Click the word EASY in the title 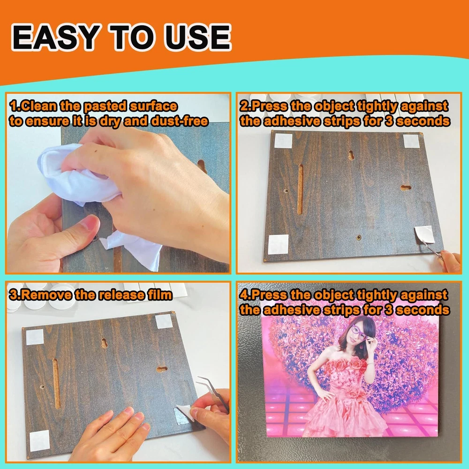click(x=56, y=38)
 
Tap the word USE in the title click(x=198, y=38)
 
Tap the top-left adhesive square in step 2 click(x=283, y=141)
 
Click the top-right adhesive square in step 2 click(x=411, y=141)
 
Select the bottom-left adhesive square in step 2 click(x=278, y=244)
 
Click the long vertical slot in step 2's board click(x=300, y=189)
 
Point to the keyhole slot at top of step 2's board click(x=351, y=155)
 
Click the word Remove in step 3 click(x=47, y=295)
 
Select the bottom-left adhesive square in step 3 click(x=39, y=440)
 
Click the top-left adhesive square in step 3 click(x=35, y=337)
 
